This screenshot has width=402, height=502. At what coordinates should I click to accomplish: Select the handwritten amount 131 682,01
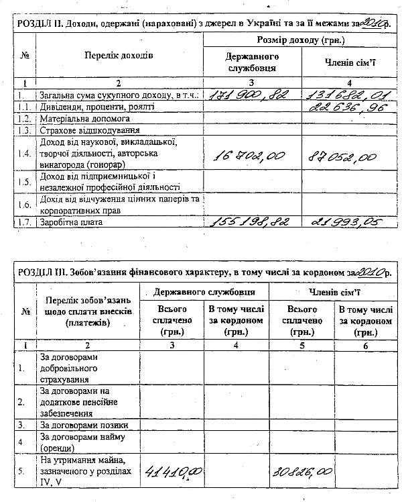[341, 95]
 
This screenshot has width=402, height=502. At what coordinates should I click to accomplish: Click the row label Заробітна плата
[73, 222]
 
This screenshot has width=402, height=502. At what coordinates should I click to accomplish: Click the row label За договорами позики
[84, 425]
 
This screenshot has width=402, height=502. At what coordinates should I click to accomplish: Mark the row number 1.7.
[24, 222]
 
